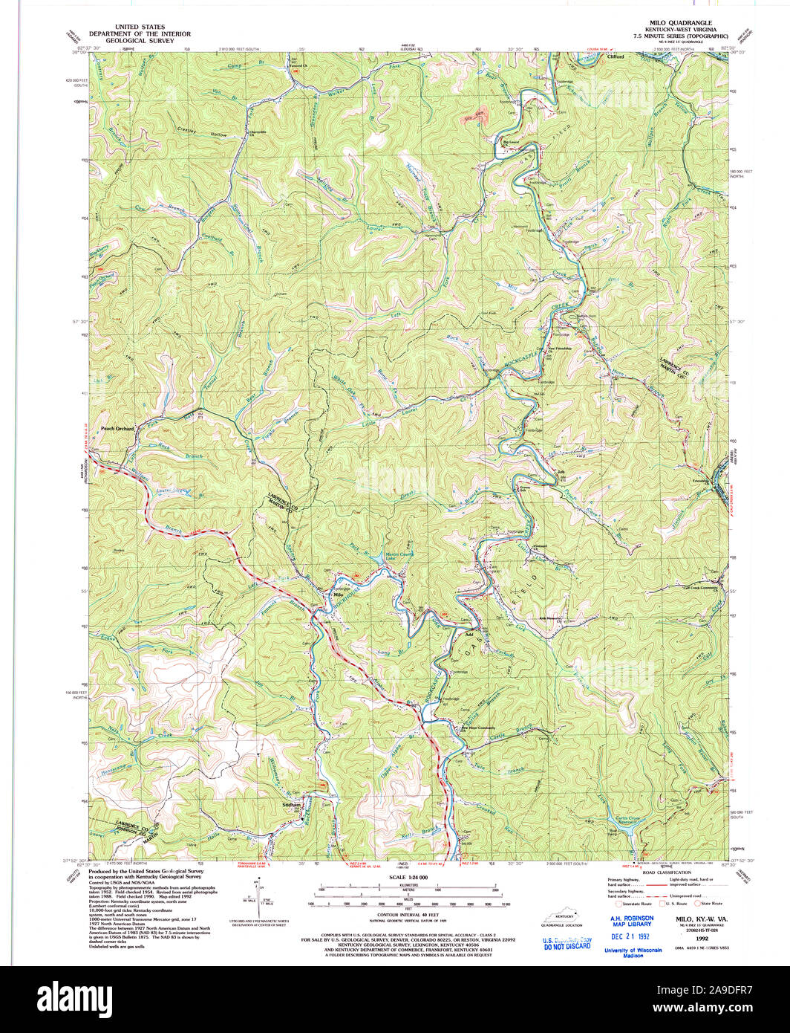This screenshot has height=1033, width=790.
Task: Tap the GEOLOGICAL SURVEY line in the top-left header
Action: click(x=140, y=41)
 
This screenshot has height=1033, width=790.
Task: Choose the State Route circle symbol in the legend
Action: click(x=698, y=903)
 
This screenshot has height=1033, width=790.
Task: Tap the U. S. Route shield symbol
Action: click(x=656, y=903)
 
